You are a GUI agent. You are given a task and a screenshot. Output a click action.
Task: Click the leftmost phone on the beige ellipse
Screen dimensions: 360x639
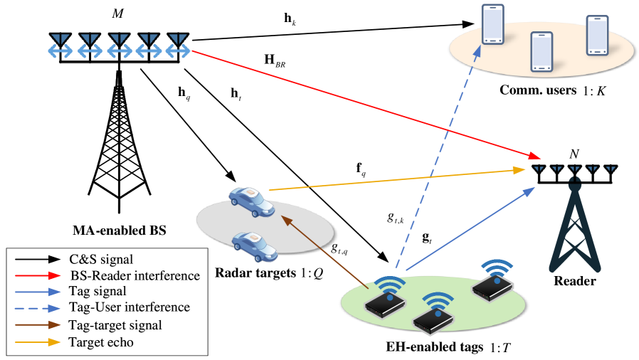(x=492, y=24)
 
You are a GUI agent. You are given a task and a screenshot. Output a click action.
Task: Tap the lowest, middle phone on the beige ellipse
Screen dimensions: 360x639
(x=542, y=51)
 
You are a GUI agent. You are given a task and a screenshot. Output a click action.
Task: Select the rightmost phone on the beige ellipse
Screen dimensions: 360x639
(x=597, y=35)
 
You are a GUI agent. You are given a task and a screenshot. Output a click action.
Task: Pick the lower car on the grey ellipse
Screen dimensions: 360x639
(x=255, y=245)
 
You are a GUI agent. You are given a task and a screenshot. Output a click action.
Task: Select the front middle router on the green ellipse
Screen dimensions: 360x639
(x=433, y=320)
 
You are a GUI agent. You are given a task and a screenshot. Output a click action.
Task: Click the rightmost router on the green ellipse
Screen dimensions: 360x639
(x=492, y=286)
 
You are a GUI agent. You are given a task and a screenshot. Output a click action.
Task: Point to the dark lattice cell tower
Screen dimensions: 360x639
(x=575, y=228)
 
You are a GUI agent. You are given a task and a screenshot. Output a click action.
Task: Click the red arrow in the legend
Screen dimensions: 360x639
(x=38, y=275)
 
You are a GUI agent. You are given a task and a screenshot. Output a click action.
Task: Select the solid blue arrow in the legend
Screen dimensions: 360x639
(x=38, y=292)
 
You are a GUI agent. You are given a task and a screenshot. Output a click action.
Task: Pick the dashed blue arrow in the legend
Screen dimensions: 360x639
(x=38, y=309)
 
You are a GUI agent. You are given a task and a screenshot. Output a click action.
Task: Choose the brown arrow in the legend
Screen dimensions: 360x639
(x=38, y=324)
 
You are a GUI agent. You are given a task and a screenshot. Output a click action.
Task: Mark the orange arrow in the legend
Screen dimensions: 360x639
(x=38, y=342)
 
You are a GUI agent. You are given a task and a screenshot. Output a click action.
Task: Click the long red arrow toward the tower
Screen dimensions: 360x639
(x=363, y=104)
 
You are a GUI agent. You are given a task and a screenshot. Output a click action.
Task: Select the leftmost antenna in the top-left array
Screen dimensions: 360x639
(x=60, y=46)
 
